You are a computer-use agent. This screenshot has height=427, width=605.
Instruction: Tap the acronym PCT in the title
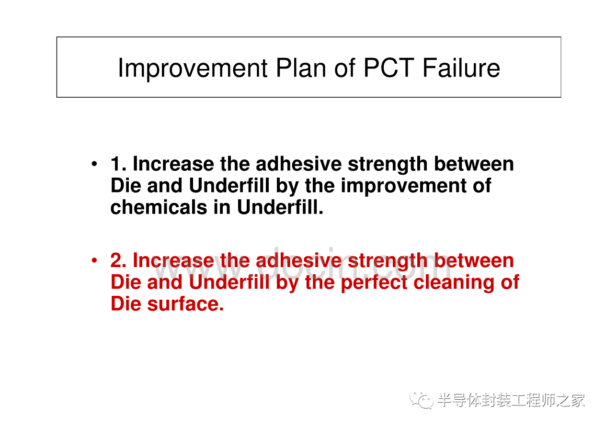coord(389,68)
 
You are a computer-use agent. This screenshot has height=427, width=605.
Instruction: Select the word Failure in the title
coord(461,68)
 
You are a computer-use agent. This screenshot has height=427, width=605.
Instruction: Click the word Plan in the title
coord(301,68)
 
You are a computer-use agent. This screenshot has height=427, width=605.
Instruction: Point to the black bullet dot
coord(94,164)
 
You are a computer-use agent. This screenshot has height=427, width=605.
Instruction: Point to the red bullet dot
coord(94,260)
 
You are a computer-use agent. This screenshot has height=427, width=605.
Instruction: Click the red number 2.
coord(116,260)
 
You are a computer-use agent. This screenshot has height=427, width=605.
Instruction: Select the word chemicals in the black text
coord(159,207)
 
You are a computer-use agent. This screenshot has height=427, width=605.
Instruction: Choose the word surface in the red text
coord(185,304)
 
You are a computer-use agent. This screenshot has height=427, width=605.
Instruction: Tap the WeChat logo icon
coord(422,399)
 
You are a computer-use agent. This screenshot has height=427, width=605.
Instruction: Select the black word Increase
coord(173,164)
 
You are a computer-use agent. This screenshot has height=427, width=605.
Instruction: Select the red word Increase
coord(173,260)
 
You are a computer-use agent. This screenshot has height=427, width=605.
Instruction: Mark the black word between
coord(474,164)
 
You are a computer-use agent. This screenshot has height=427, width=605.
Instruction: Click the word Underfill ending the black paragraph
coord(280,207)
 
